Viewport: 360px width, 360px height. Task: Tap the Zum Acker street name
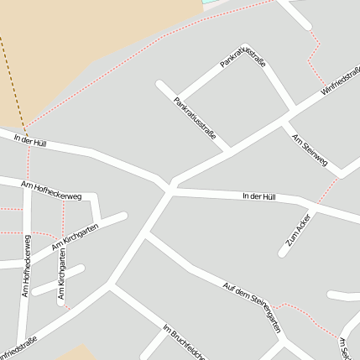[x=298, y=228]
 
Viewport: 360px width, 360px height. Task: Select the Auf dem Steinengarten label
[x=251, y=307]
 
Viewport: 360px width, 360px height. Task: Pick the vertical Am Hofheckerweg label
[x=27, y=266]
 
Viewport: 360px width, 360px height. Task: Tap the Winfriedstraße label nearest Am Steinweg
[x=340, y=81]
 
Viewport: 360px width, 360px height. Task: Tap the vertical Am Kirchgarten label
[x=61, y=279]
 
